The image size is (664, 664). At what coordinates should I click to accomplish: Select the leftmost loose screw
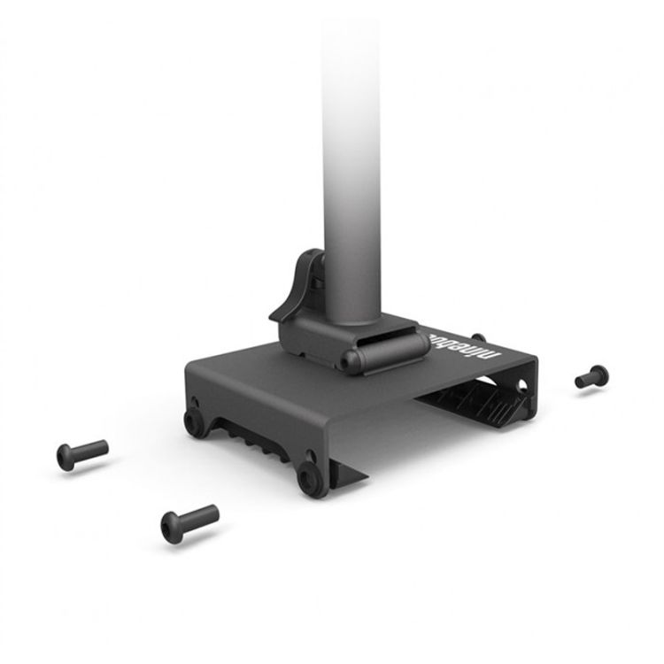coord(82,453)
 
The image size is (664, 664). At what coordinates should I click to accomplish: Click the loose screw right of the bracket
coord(591,376)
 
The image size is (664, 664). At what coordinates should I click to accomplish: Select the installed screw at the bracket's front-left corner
coord(193,421)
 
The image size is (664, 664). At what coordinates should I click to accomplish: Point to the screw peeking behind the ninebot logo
coord(478,336)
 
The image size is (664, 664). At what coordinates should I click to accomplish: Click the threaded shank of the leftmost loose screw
coord(93,450)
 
